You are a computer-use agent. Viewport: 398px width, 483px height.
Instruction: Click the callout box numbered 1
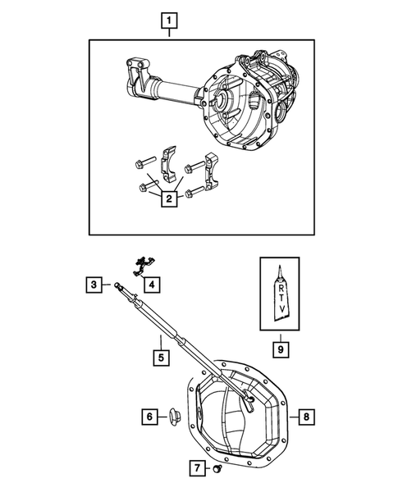[168, 19]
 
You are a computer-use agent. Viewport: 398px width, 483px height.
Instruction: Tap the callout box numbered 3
[95, 285]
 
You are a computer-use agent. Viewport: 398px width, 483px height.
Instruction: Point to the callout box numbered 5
[161, 357]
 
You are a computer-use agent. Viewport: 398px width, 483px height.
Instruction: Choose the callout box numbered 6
[151, 417]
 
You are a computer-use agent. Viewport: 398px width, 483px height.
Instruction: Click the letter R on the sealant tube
[281, 288]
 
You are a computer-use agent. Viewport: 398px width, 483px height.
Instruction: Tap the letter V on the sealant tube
[281, 310]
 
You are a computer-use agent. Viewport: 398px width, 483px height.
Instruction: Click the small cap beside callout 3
[119, 286]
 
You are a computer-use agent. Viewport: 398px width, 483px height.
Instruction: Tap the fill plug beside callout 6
[176, 417]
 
